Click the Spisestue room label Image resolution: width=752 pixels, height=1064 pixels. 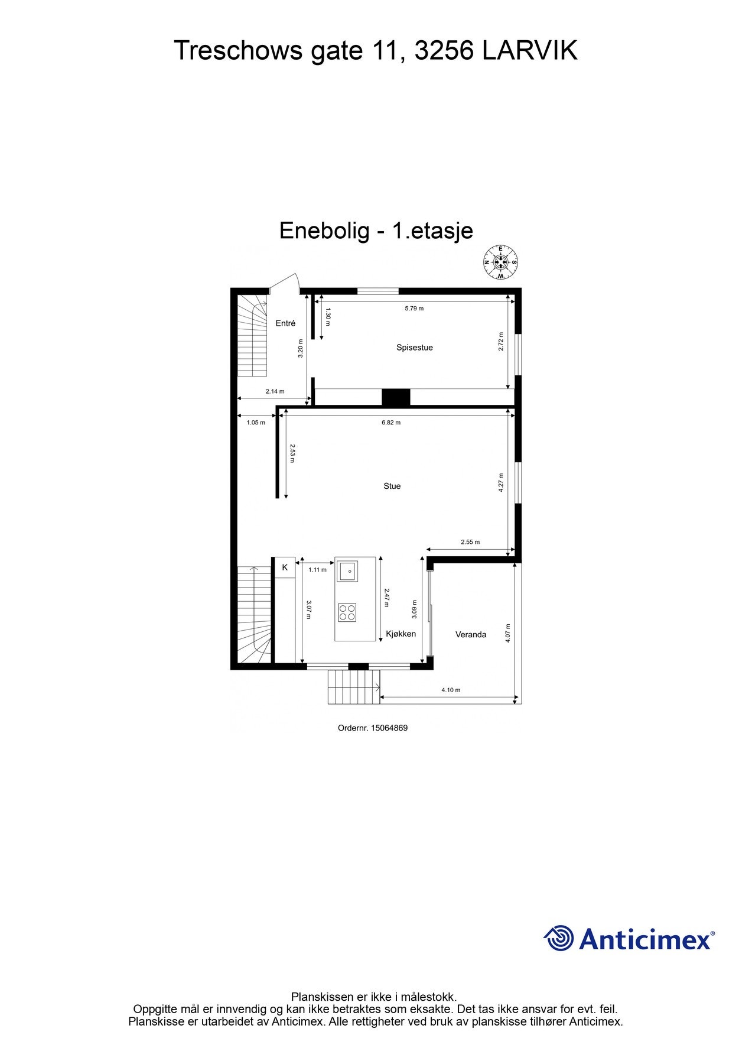414,348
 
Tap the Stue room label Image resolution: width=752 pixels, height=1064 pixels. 392,486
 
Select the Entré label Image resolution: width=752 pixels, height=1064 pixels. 285,323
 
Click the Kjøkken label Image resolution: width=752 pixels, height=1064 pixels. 401,634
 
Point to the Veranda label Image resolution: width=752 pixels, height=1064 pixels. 471,634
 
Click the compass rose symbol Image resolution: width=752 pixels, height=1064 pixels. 500,262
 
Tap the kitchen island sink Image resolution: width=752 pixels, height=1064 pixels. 347,571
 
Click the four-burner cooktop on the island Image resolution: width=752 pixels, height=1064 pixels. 347,612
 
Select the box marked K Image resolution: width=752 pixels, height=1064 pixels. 285,567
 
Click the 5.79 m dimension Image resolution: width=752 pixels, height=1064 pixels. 414,309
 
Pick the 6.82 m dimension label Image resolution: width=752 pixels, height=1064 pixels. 391,423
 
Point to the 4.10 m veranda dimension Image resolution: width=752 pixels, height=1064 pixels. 451,690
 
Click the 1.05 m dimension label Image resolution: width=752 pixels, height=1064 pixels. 256,423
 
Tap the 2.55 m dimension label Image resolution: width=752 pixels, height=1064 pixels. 470,542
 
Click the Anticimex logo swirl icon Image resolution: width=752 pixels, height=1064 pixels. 559,938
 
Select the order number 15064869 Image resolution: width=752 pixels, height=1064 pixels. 389,728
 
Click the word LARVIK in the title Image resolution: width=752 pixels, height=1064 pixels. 529,51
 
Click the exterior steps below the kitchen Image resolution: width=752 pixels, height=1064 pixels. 354,687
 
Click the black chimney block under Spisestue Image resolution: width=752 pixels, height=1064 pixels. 395,397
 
